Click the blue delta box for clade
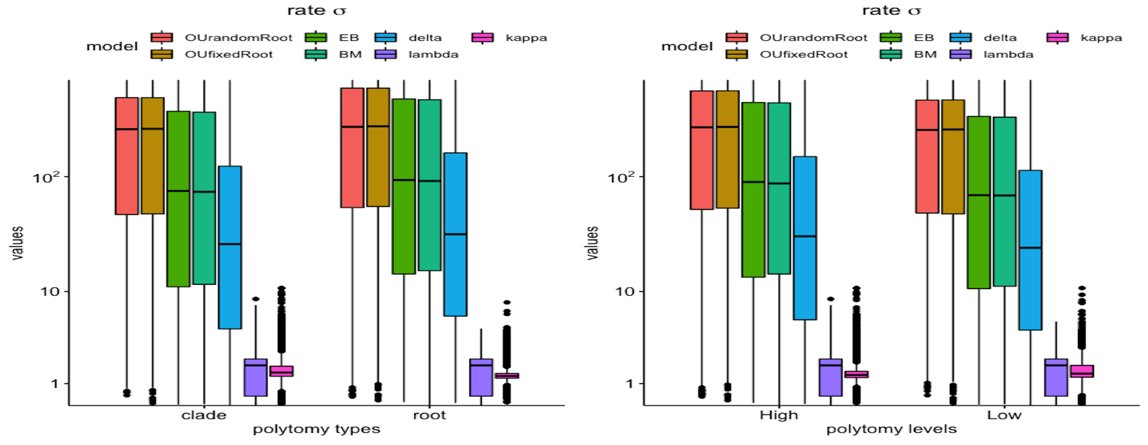[230, 247]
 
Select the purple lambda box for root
[481, 377]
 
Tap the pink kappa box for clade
[281, 371]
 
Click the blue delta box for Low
[1030, 250]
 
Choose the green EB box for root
[404, 186]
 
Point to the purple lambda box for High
[831, 377]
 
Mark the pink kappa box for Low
[1082, 371]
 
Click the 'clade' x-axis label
[204, 415]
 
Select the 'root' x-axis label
[429, 415]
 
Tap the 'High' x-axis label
[778, 415]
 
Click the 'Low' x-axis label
[1004, 415]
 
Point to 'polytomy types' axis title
[316, 429]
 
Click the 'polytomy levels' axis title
[891, 429]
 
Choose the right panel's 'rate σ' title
[891, 10]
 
